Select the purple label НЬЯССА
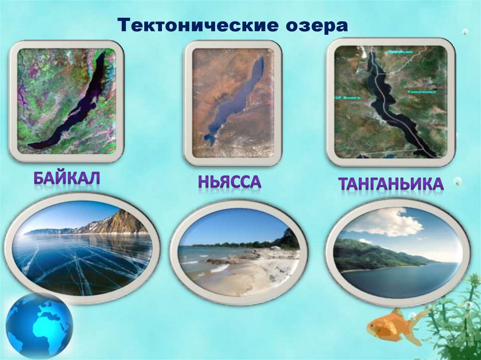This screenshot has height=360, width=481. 230,181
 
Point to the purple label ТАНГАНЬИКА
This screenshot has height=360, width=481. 391,184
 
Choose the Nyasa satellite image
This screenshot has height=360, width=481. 233,103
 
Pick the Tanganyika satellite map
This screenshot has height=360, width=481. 391,102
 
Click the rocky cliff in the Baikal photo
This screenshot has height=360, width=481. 117,222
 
